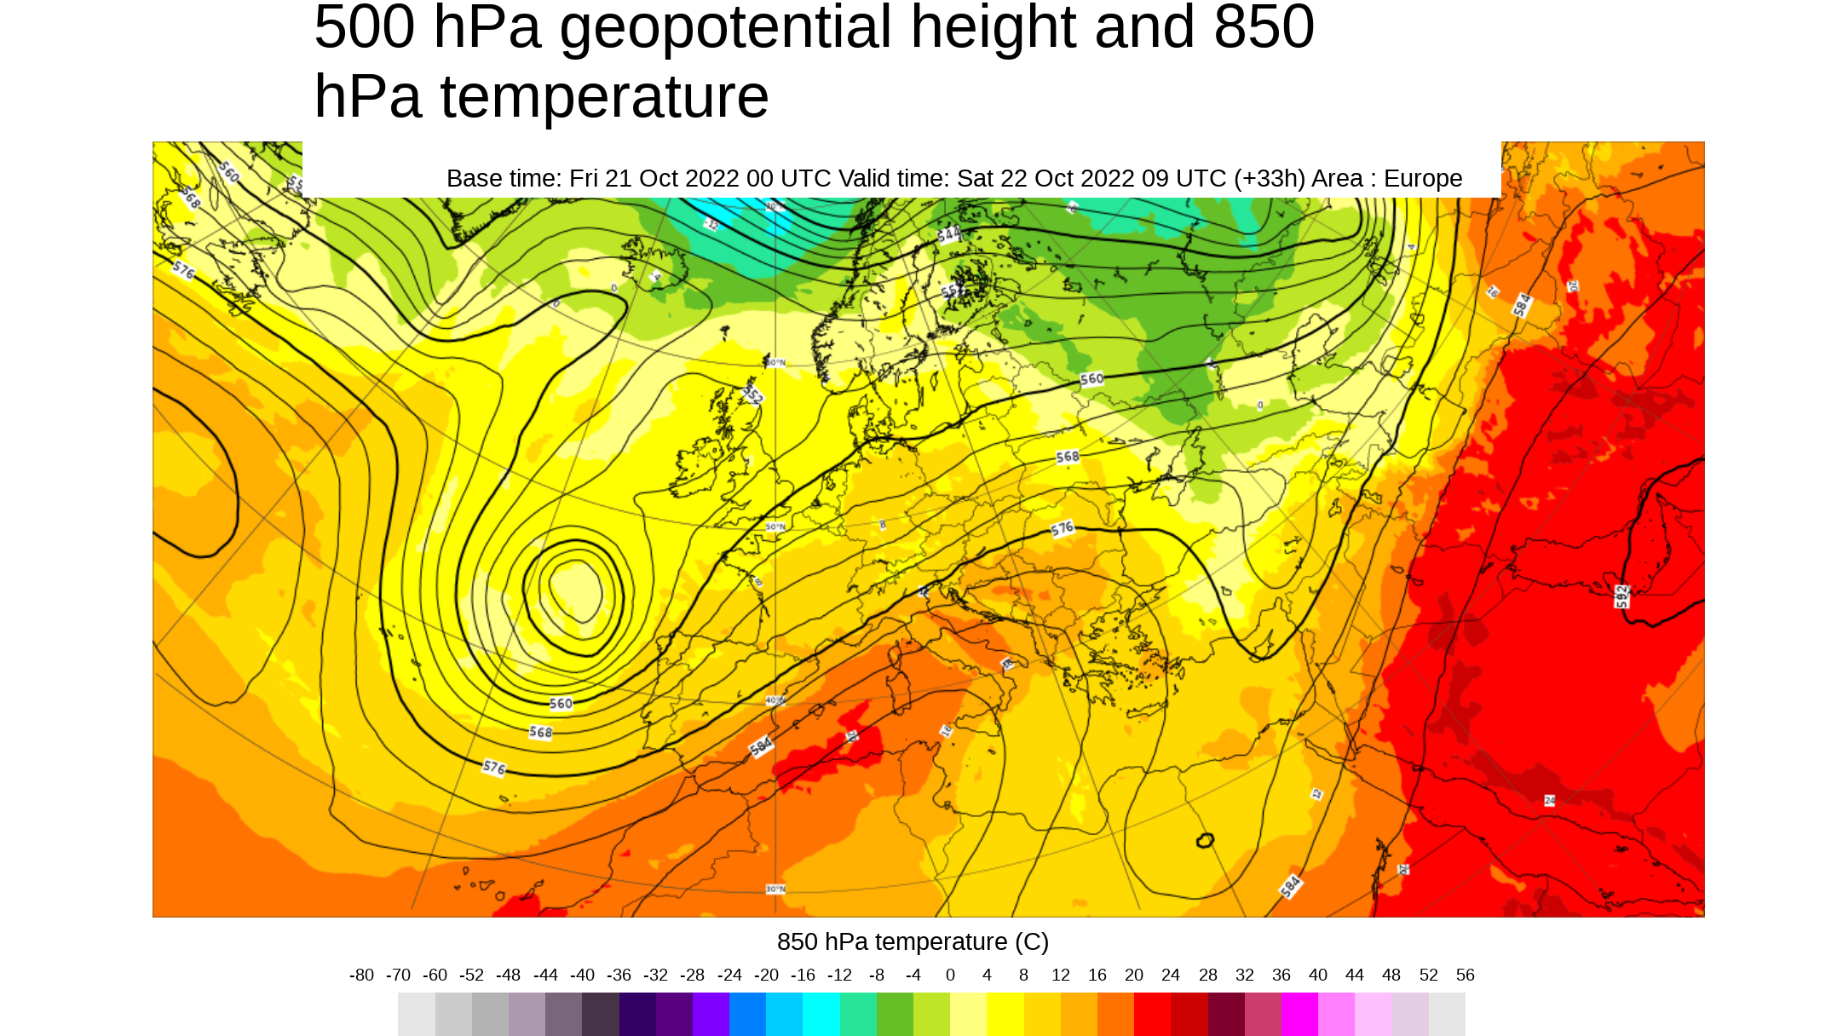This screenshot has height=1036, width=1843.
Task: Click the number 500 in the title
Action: click(x=365, y=27)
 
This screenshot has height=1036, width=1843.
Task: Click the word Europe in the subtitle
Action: click(x=1423, y=179)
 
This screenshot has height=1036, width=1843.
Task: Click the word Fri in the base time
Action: click(x=585, y=179)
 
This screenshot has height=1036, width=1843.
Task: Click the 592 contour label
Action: click(x=1622, y=596)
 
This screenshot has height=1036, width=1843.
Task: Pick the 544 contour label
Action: click(x=948, y=234)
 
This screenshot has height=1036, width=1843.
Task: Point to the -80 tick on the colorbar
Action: click(x=361, y=976)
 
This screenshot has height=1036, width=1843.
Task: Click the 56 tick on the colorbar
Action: click(x=1465, y=976)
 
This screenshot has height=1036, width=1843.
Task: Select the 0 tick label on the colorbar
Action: click(x=950, y=976)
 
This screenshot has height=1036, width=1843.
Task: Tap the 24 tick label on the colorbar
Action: click(x=1171, y=976)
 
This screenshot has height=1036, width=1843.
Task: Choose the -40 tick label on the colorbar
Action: click(x=582, y=976)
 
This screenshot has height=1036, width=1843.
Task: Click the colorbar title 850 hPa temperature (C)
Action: click(x=913, y=942)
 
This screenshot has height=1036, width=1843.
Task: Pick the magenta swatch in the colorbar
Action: click(x=1299, y=1015)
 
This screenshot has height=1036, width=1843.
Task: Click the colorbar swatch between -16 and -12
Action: click(x=821, y=1015)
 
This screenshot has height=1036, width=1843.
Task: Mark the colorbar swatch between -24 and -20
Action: click(x=747, y=1015)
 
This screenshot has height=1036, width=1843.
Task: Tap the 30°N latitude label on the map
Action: click(x=775, y=889)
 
